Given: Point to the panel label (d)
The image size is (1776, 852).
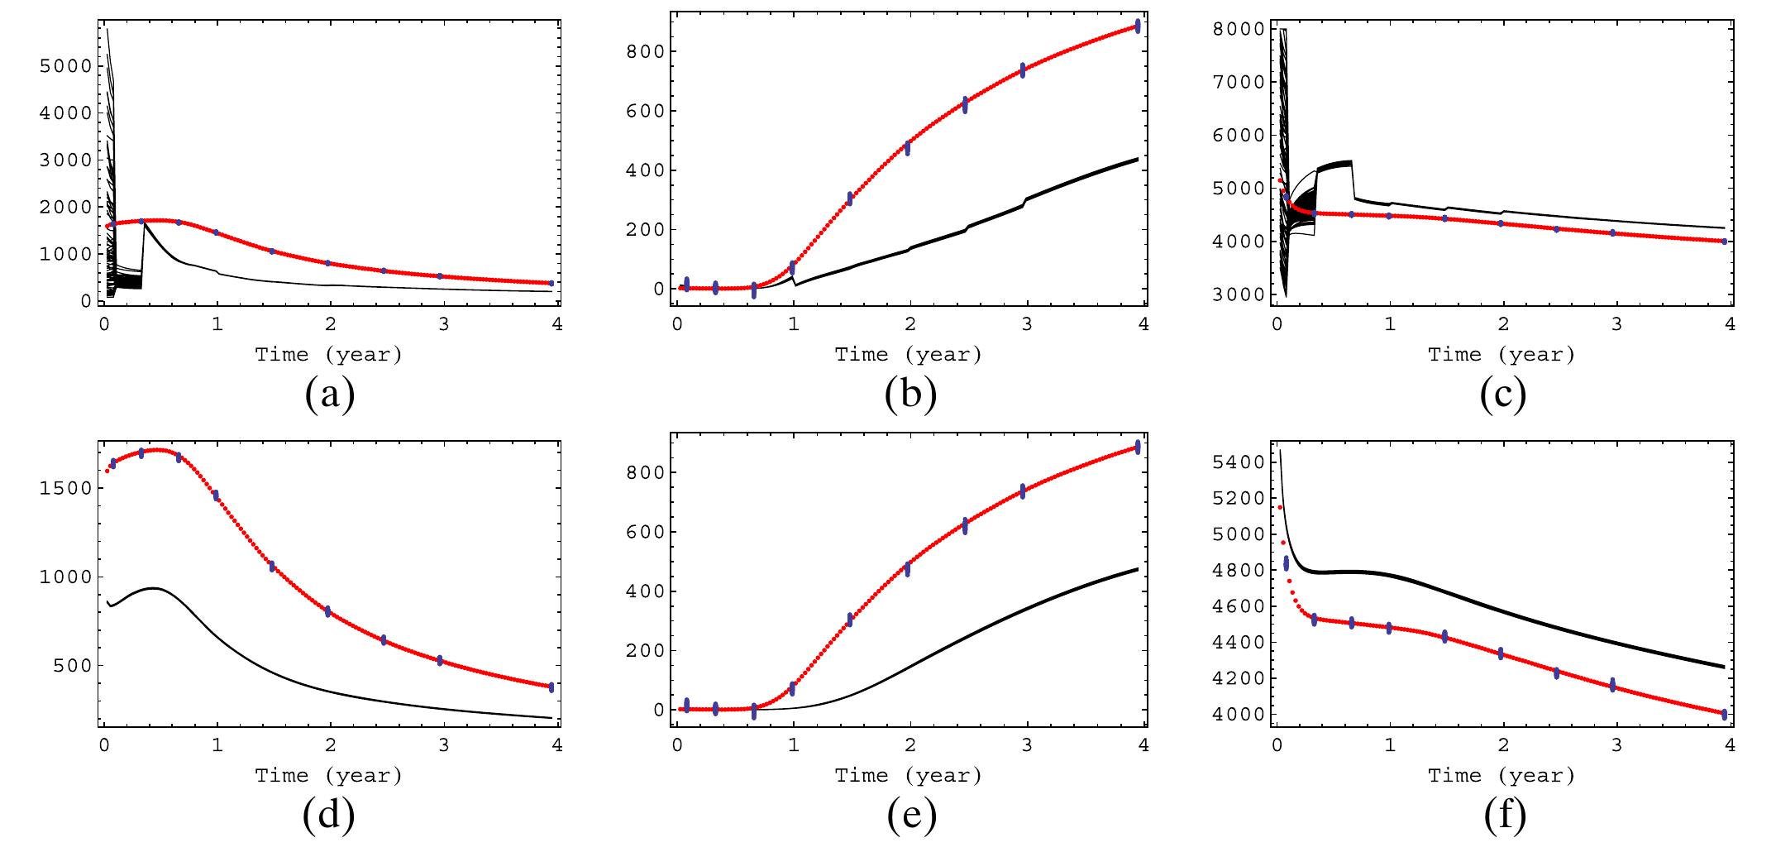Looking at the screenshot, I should click(x=330, y=816).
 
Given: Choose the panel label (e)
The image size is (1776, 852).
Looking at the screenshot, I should click(x=910, y=816).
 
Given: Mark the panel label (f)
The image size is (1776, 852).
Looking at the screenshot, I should click(x=1502, y=816).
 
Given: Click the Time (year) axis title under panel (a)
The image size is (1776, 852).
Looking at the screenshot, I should click(x=329, y=355).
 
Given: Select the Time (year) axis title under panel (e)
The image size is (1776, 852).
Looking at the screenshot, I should click(x=909, y=776).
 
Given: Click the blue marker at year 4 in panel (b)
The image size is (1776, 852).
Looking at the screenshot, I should click(x=1138, y=26).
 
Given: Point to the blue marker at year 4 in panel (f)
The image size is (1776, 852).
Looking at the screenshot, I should click(x=1724, y=714).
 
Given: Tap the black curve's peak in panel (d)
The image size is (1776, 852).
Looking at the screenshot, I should click(x=154, y=588).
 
